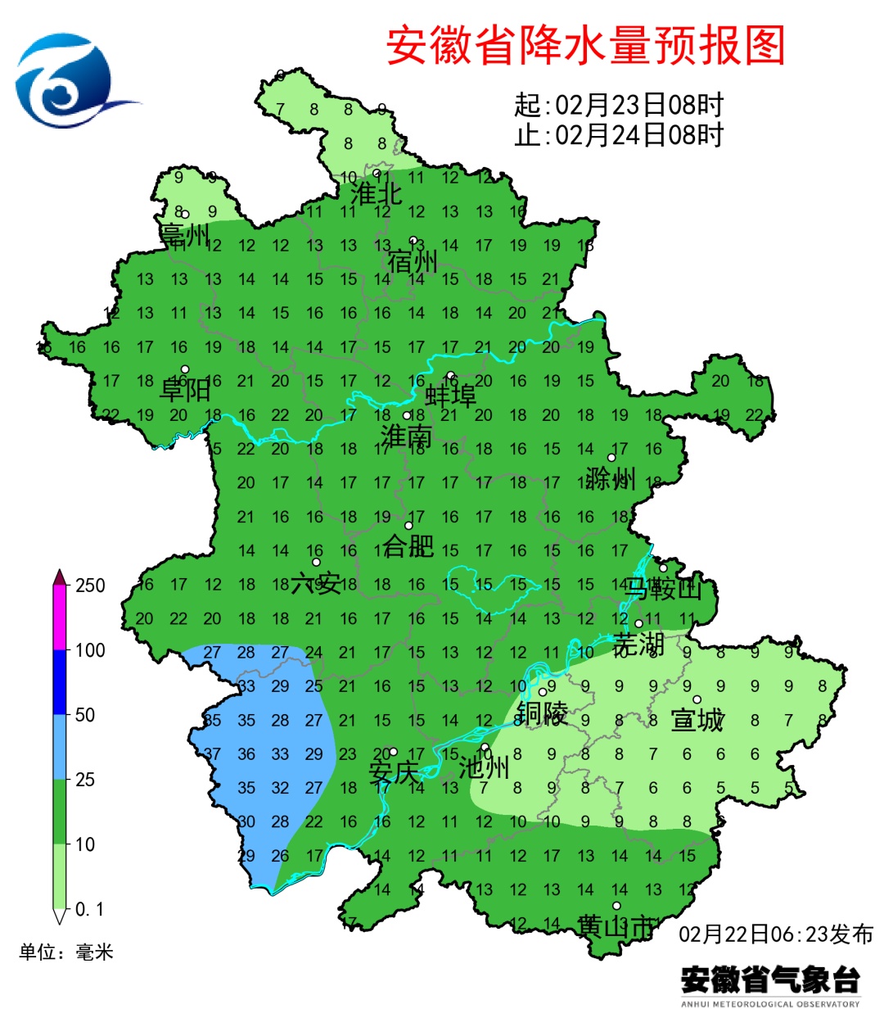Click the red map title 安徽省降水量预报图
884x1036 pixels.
click(x=585, y=46)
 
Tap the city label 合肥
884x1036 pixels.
click(x=408, y=545)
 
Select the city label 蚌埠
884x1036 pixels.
click(x=451, y=396)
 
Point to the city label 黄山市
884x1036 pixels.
click(x=616, y=926)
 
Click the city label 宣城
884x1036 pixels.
click(x=697, y=720)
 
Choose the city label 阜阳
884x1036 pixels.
click(x=185, y=389)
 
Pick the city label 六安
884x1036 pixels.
click(x=316, y=583)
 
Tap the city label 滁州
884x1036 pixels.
click(x=611, y=477)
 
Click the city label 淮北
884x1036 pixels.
click(x=376, y=194)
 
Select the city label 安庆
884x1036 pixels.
click(x=393, y=772)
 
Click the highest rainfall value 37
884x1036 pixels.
click(x=212, y=754)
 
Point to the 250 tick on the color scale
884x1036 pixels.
click(x=90, y=586)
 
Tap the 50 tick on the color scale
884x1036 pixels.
click(x=85, y=715)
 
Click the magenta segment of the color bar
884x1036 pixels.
click(x=60, y=618)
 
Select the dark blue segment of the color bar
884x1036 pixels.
click(x=60, y=682)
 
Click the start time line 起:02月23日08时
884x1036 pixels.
click(x=619, y=105)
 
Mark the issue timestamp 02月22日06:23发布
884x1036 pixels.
click(x=775, y=934)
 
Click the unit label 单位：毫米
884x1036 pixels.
click(x=66, y=952)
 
